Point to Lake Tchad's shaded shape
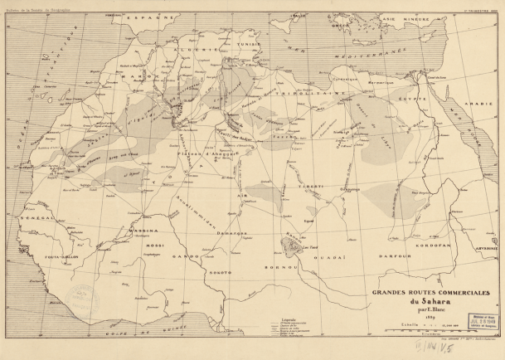click(x=292, y=241)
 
